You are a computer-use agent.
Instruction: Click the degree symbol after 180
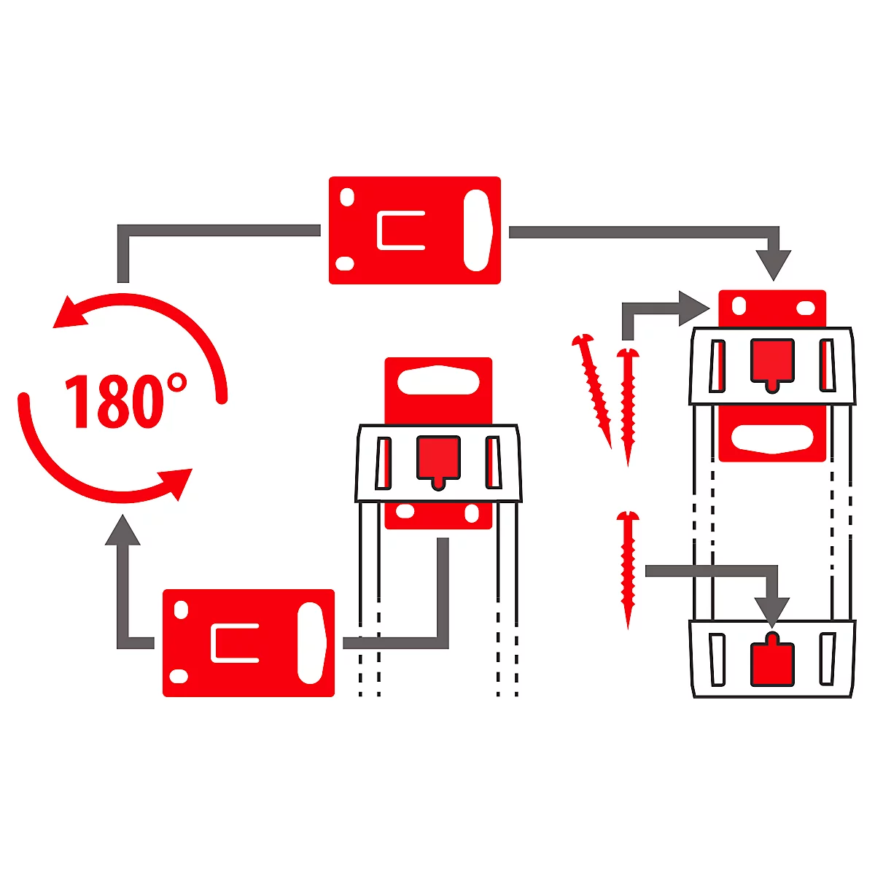click(x=176, y=384)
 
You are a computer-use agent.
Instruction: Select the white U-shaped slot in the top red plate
click(x=400, y=230)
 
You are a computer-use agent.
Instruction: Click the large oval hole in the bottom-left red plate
click(x=311, y=643)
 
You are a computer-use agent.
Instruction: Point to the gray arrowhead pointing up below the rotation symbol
click(x=122, y=530)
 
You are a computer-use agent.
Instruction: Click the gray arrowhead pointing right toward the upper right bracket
click(x=693, y=308)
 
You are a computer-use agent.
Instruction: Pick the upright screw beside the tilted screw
click(x=628, y=405)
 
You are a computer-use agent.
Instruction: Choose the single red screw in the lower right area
click(x=627, y=569)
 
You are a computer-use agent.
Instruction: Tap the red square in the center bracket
click(x=438, y=459)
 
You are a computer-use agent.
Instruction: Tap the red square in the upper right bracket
click(x=772, y=362)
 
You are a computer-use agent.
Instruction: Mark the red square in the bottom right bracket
click(x=772, y=662)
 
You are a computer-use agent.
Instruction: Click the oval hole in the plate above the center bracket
click(x=438, y=380)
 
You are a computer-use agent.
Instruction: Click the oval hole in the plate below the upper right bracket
click(x=772, y=438)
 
